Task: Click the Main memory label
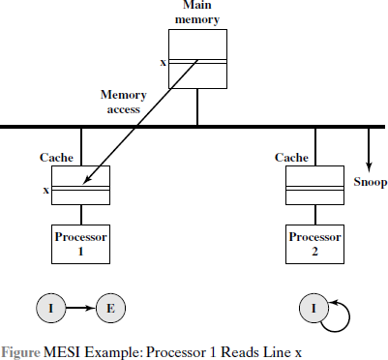197,13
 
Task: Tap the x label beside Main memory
163,63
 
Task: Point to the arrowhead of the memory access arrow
80,184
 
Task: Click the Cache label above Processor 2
291,156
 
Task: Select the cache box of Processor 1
80,186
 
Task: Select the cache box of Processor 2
315,186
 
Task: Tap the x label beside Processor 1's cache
45,190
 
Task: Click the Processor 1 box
80,244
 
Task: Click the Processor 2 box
315,244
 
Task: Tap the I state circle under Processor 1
49,310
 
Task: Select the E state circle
110,310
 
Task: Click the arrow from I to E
80,310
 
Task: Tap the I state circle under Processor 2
314,310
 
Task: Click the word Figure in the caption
22,350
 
